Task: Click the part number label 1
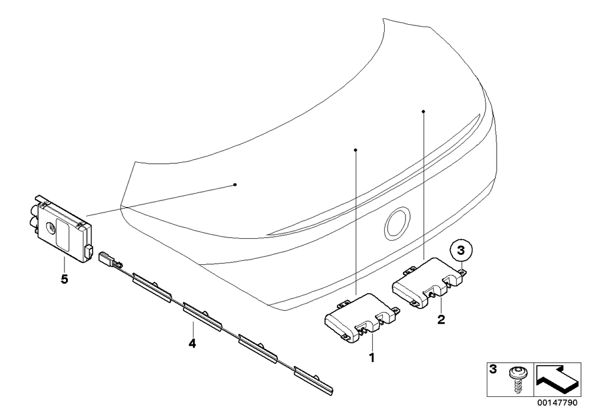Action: [x=372, y=357]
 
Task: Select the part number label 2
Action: [x=441, y=320]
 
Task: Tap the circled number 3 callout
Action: [x=461, y=251]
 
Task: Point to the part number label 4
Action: [x=192, y=343]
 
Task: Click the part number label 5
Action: [x=65, y=280]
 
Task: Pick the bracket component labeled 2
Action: [x=430, y=283]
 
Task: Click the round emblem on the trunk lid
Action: [x=397, y=223]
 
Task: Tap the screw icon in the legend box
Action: [x=518, y=380]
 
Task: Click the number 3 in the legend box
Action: [x=493, y=369]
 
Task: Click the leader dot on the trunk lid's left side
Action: [x=235, y=184]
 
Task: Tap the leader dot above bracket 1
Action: [x=355, y=150]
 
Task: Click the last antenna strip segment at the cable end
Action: [x=313, y=380]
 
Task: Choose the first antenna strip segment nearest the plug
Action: [x=151, y=287]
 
